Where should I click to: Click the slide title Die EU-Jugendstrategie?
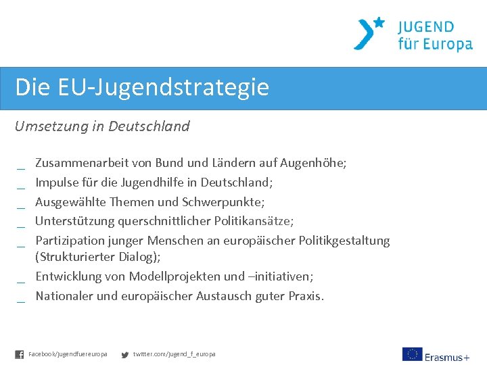(142, 87)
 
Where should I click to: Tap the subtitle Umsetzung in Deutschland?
(102, 126)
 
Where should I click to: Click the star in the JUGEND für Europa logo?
(379, 22)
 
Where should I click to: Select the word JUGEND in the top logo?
(426, 27)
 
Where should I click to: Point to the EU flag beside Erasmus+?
(412, 354)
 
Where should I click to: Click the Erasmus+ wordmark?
(447, 356)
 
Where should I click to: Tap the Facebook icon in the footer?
(19, 354)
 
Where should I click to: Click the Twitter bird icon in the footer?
(124, 354)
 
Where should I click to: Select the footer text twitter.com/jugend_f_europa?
(174, 354)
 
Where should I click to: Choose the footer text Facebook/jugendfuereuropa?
(68, 354)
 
